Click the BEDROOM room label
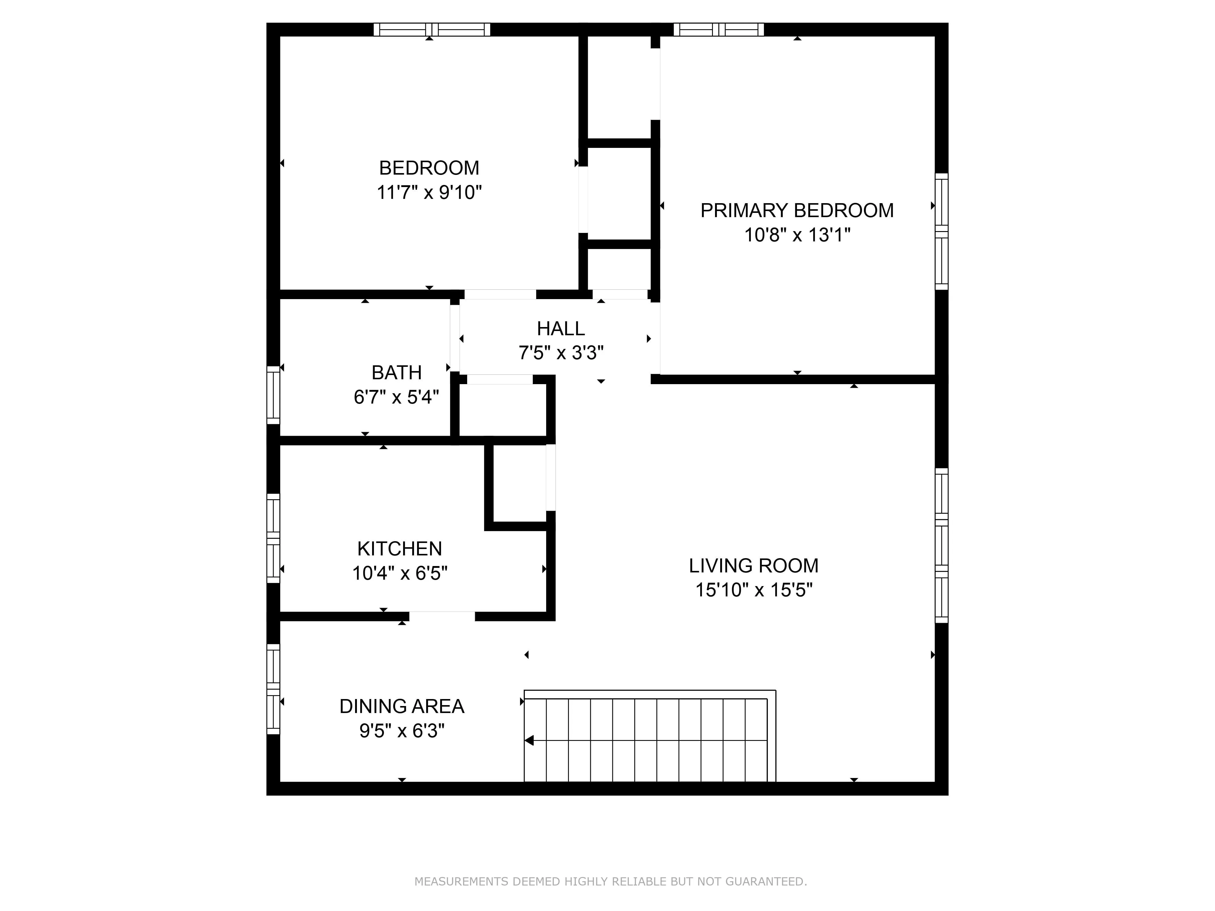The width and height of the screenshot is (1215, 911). (x=429, y=168)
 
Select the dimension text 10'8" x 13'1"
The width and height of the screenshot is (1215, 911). (x=797, y=235)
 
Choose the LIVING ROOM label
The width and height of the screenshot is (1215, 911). (x=754, y=566)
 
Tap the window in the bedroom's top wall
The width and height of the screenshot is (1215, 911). (x=432, y=30)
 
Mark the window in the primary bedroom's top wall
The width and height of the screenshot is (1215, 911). (x=718, y=30)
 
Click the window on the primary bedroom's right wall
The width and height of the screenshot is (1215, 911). (x=941, y=231)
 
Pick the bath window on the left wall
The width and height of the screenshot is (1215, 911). (x=273, y=395)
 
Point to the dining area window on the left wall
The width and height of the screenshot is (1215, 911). (x=273, y=689)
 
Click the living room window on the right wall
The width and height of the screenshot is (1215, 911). (x=941, y=545)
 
